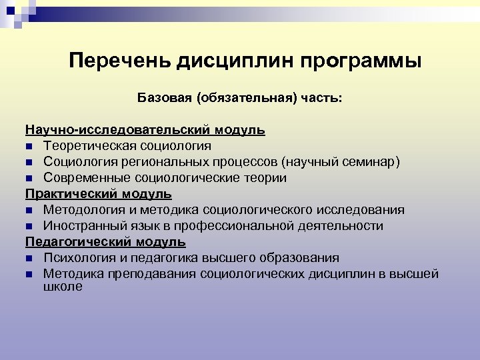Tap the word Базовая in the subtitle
tap(163, 98)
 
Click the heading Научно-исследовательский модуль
tap(145, 129)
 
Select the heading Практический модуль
tap(99, 194)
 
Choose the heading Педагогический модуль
tap(105, 241)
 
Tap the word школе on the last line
tap(63, 287)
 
